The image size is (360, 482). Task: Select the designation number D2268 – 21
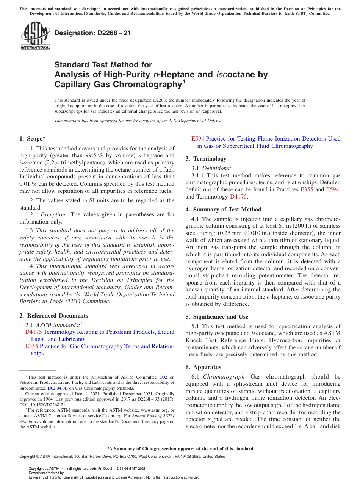click(93, 33)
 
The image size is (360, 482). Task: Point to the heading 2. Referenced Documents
click(53, 316)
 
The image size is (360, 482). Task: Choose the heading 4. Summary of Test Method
click(223, 209)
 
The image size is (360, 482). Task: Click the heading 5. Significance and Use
click(217, 316)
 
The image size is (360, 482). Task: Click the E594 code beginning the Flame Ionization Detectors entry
click(198, 139)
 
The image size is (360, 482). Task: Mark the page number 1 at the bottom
click(180, 465)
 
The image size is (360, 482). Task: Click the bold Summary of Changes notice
click(180, 449)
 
